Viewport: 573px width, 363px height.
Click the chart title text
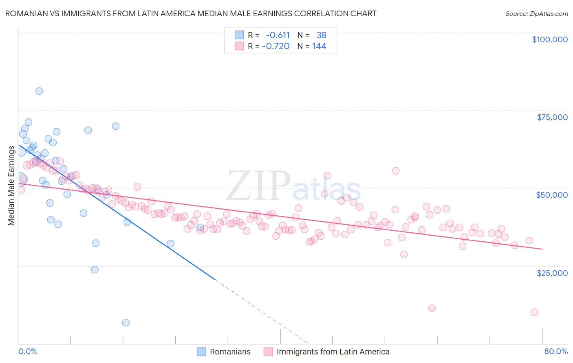(x=191, y=13)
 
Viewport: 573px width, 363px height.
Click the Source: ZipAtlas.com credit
(x=536, y=13)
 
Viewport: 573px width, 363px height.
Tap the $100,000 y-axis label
(x=550, y=39)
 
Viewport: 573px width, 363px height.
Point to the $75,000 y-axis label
(x=552, y=117)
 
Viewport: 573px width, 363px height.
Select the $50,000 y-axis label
(x=552, y=195)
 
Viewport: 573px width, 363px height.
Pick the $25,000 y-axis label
(x=552, y=273)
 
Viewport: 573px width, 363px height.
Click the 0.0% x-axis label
(x=28, y=351)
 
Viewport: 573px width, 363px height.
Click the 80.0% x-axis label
(x=556, y=351)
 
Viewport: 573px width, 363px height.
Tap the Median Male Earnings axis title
(x=11, y=186)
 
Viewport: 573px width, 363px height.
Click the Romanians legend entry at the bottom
(x=230, y=352)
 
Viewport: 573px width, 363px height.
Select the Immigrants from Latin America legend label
(x=333, y=352)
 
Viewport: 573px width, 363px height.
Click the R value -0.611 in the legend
(x=278, y=35)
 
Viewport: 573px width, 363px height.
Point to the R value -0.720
(x=276, y=46)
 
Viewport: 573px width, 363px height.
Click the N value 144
(x=319, y=46)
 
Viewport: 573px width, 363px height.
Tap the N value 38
(x=321, y=35)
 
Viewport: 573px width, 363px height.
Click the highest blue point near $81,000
(x=39, y=91)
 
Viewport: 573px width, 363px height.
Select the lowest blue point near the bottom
(x=126, y=322)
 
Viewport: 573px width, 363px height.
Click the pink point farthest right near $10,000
(x=534, y=312)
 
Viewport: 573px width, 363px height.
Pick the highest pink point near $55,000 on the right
(x=396, y=171)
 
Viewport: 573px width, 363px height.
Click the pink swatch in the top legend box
(x=239, y=46)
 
